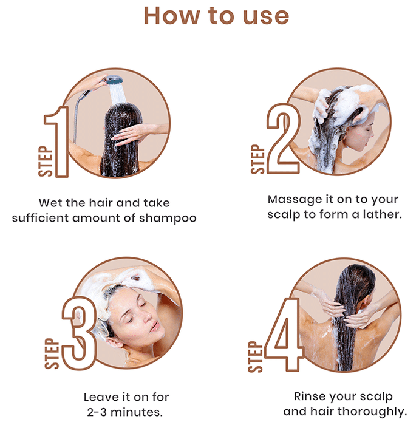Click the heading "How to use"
[216, 16]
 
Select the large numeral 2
[284, 138]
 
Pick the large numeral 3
[80, 333]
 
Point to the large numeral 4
[284, 334]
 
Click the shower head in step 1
[114, 80]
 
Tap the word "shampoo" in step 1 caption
[168, 219]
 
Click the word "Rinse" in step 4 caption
[308, 396]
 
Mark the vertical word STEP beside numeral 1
[46, 161]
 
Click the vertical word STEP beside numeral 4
[255, 357]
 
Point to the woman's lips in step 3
[155, 327]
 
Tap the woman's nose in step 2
[371, 133]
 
